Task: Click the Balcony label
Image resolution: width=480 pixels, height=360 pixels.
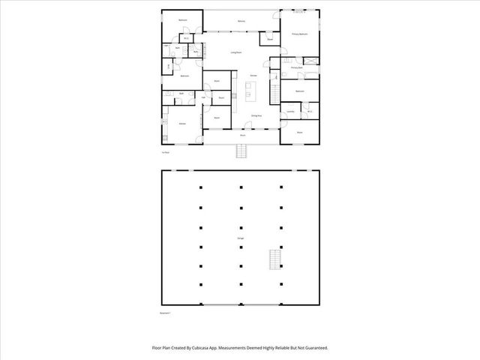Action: tap(241, 21)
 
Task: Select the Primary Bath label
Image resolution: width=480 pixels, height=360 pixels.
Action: tap(296, 67)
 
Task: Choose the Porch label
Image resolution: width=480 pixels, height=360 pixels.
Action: tap(243, 135)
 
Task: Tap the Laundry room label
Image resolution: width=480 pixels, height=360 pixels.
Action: tap(290, 112)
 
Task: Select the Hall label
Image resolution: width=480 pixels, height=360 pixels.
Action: tap(203, 97)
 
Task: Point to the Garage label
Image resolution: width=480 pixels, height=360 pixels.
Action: tap(241, 238)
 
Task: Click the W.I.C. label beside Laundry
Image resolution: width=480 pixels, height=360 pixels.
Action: tap(310, 112)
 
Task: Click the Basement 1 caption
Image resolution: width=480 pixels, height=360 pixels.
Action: tap(166, 312)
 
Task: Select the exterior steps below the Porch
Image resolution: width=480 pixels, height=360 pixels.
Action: tap(241, 151)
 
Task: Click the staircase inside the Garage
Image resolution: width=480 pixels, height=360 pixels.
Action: tap(274, 261)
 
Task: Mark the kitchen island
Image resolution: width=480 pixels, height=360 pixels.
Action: tap(250, 93)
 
